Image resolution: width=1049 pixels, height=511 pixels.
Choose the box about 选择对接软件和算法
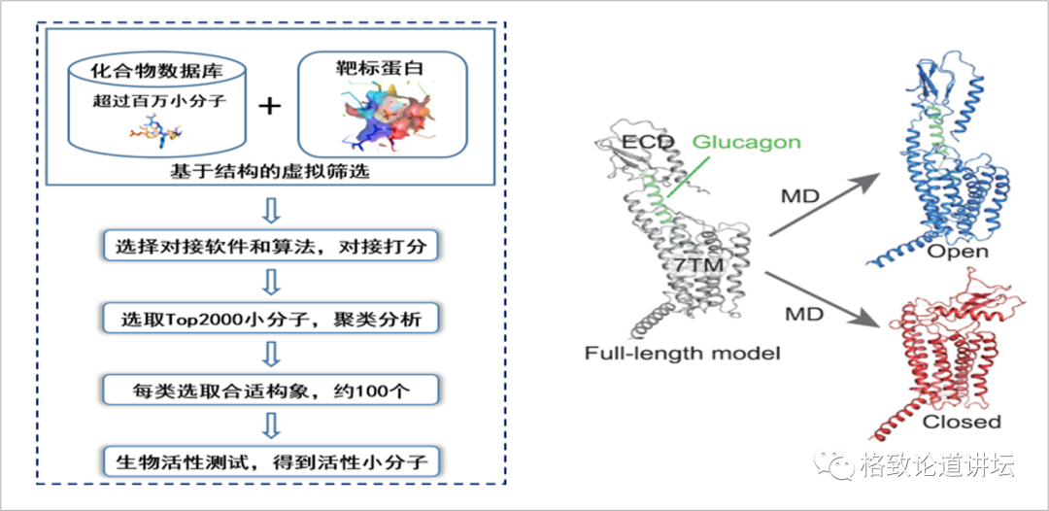(x=271, y=246)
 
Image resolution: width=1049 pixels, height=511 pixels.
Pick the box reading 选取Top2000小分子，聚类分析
(x=271, y=318)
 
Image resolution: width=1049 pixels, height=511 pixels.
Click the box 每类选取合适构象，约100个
(x=271, y=390)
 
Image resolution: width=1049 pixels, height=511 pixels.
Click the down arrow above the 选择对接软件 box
(x=272, y=210)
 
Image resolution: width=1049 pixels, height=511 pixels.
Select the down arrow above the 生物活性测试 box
(x=272, y=425)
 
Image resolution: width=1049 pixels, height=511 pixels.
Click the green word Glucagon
(x=746, y=143)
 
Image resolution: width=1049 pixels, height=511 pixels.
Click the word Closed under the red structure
(x=961, y=422)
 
